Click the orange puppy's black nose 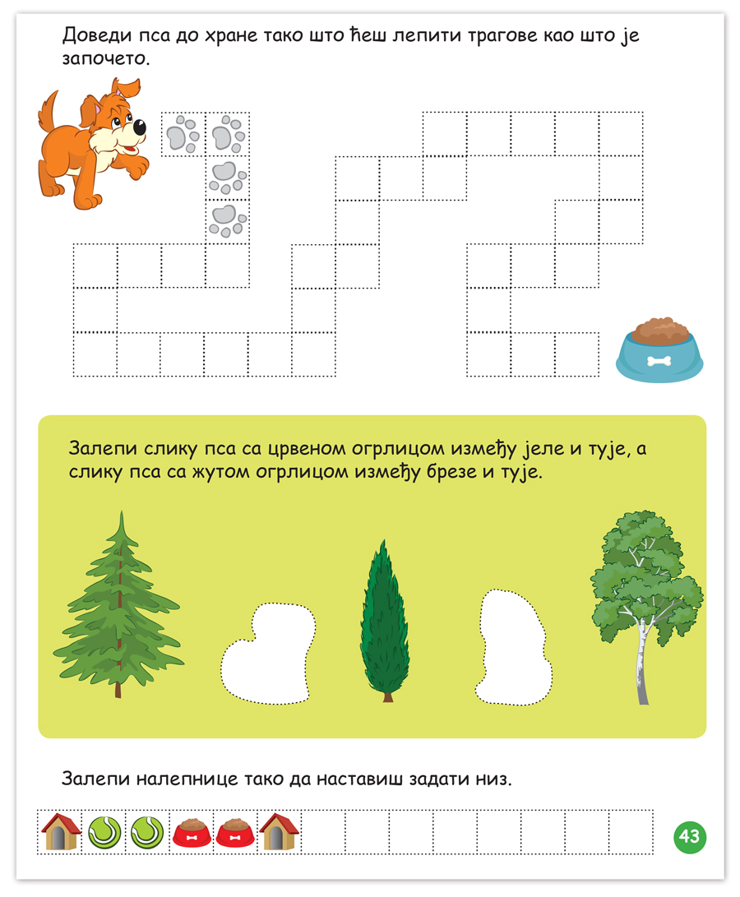(139, 127)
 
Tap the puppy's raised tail (48, 111)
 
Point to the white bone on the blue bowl (659, 361)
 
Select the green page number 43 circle (690, 837)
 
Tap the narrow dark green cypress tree (385, 622)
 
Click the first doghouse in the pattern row (60, 832)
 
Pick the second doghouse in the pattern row (280, 832)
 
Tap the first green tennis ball (104, 832)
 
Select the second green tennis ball (148, 832)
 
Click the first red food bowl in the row (192, 833)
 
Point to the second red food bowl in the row (235, 833)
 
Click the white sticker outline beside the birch (513, 647)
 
